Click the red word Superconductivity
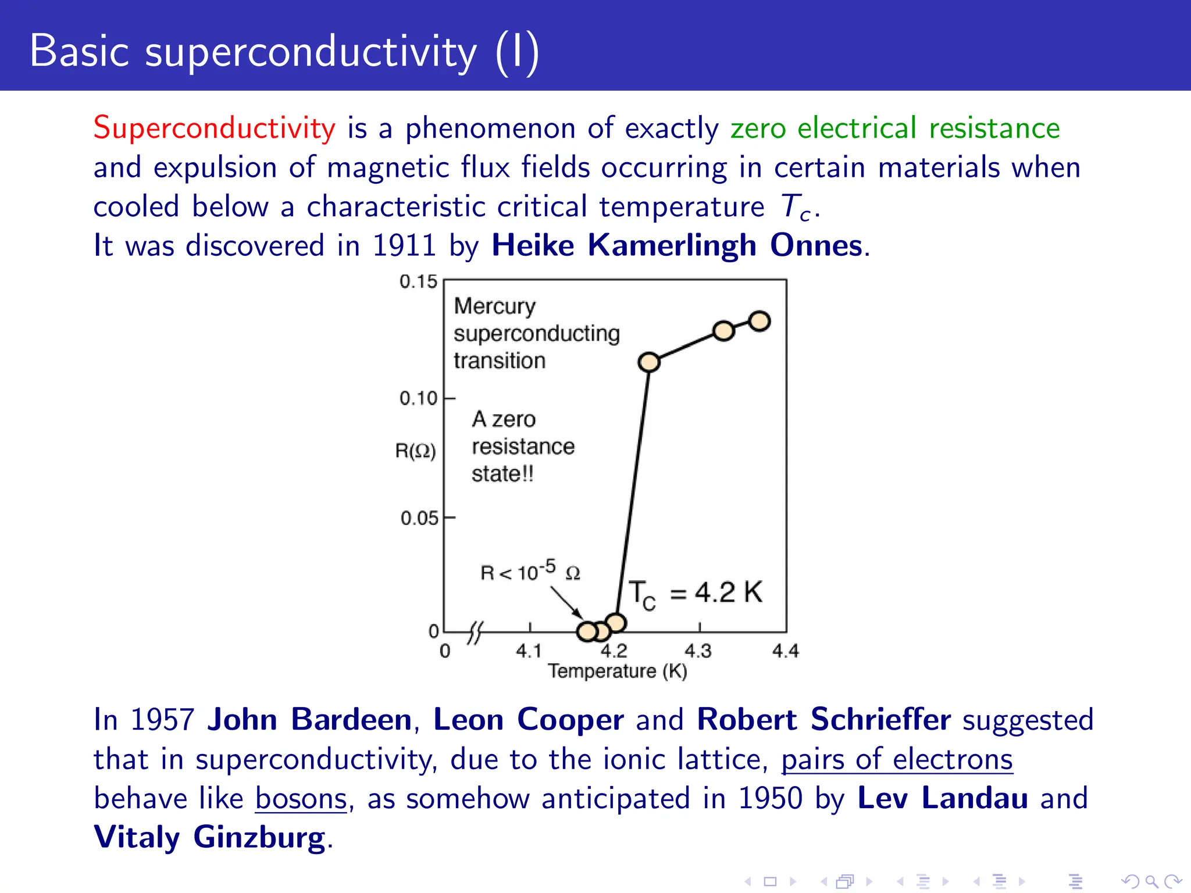[x=214, y=128]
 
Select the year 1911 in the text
[x=404, y=245]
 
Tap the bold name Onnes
[x=815, y=245]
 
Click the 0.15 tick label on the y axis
[x=418, y=282]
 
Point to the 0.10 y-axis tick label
[x=418, y=398]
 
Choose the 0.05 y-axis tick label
[x=419, y=518]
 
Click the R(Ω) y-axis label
[x=415, y=451]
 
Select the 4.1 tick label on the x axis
[x=528, y=651]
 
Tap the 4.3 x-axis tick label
[x=698, y=651]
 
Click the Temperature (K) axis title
[x=617, y=671]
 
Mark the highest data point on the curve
[x=759, y=321]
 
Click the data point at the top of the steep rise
[x=649, y=362]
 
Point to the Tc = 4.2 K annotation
[x=696, y=594]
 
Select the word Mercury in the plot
[x=494, y=306]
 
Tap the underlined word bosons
[x=301, y=798]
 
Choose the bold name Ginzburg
[x=259, y=838]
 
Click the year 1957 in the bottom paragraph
[x=162, y=720]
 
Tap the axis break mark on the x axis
[x=475, y=633]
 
